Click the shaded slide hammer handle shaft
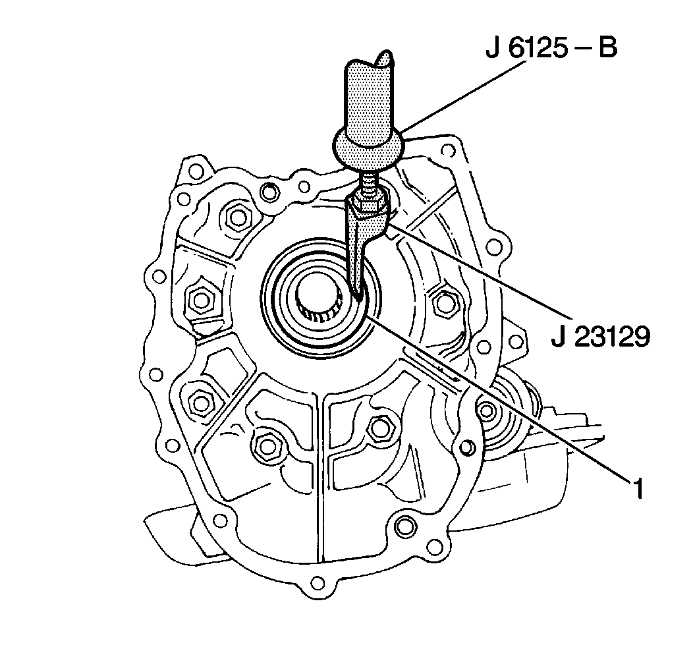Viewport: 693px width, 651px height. pyautogui.click(x=368, y=99)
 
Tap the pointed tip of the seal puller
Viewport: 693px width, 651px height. pyautogui.click(x=357, y=294)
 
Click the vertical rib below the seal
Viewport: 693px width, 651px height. pyautogui.click(x=318, y=474)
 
